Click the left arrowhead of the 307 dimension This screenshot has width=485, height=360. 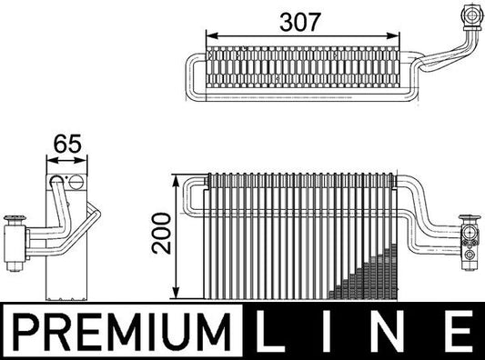coord(212,37)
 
